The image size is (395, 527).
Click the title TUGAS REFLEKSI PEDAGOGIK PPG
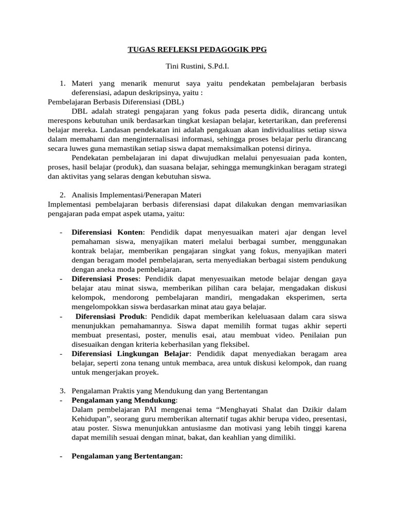197,50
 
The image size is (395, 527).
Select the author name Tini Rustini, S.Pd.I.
197,67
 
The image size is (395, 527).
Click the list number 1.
62,83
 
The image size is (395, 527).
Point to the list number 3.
62,391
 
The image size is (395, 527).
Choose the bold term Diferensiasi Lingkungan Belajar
131,354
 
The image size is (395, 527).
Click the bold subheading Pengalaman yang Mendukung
124,400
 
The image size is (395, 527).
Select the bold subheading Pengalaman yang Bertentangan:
127,456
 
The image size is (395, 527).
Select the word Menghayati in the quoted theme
230,409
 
